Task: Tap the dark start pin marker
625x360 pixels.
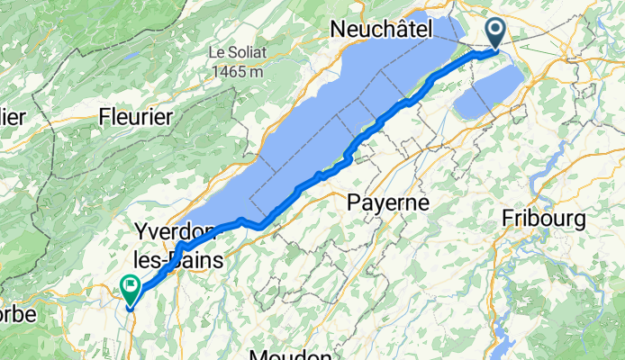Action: tap(497, 32)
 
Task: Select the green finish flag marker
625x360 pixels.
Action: tap(130, 290)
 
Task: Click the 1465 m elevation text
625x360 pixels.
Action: tap(239, 69)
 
